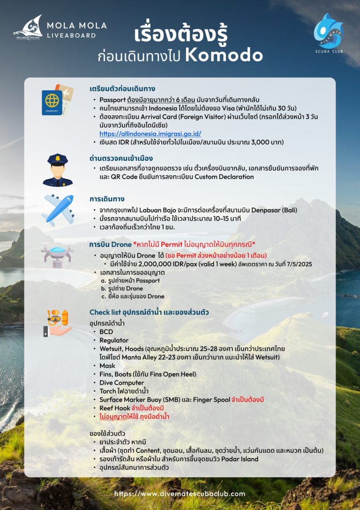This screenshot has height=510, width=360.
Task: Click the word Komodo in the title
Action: (224, 55)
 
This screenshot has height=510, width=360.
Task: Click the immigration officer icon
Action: (58, 169)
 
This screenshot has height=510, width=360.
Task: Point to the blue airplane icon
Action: (58, 210)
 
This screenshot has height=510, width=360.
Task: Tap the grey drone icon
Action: (57, 255)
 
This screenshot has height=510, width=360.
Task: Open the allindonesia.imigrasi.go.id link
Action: (150, 134)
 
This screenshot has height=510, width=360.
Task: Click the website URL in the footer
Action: (180, 494)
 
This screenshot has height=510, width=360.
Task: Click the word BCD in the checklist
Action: (106, 332)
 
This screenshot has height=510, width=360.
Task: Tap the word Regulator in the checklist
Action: (114, 340)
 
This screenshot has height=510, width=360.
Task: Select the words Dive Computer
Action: (121, 383)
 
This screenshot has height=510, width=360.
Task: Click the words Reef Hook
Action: (114, 408)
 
